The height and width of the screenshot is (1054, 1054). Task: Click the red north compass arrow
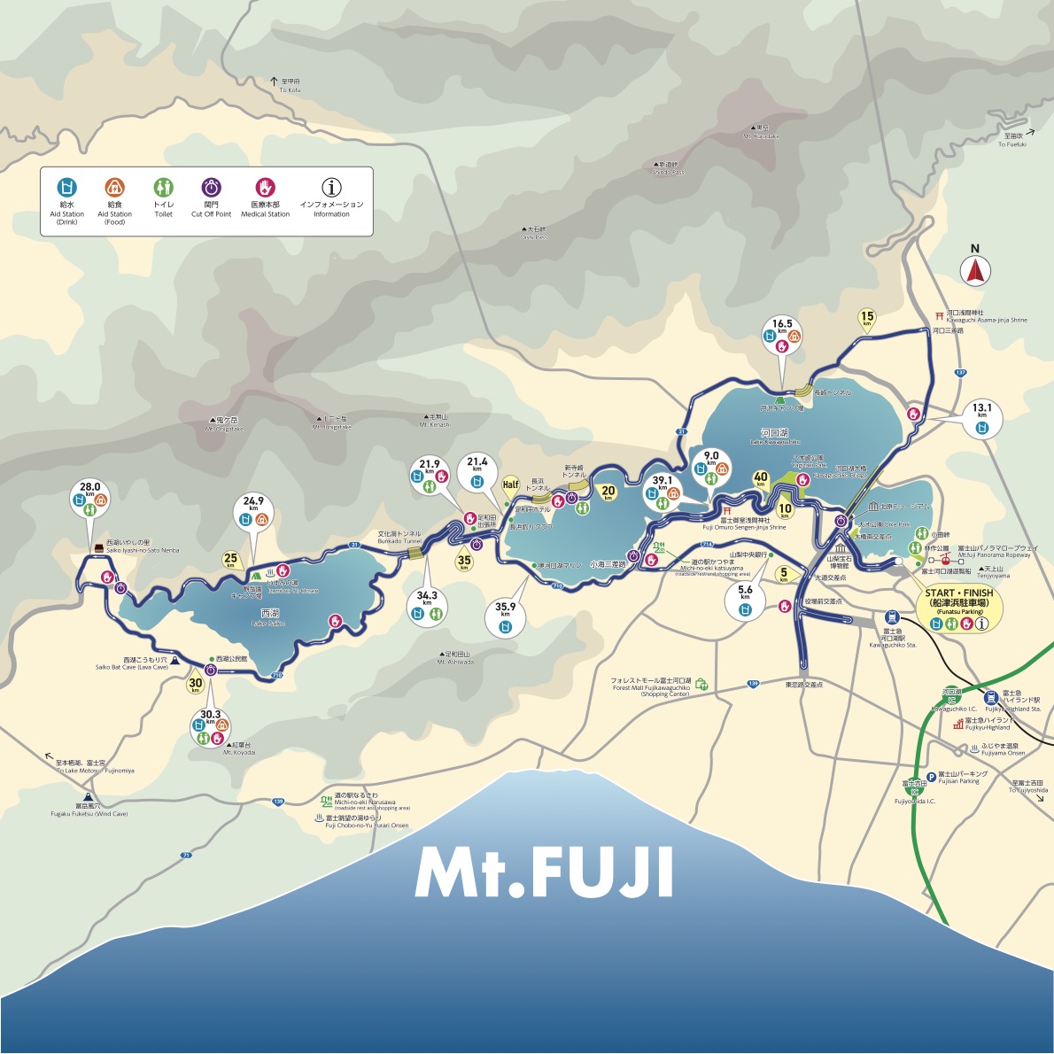pos(976,269)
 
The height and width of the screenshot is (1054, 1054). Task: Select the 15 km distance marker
pos(867,318)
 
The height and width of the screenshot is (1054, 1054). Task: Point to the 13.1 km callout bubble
pos(981,418)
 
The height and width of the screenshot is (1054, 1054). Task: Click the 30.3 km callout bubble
pos(209,725)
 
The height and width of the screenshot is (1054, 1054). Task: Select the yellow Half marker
pos(510,484)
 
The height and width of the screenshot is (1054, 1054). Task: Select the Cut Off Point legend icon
pos(211,188)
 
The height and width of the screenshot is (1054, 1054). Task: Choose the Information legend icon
pos(331,188)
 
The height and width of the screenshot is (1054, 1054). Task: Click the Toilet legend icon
pos(163,188)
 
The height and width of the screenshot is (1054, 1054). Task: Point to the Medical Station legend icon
pos(265,188)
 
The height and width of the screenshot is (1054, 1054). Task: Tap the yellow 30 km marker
pos(195,683)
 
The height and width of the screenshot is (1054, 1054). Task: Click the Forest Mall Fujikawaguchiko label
pos(650,686)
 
